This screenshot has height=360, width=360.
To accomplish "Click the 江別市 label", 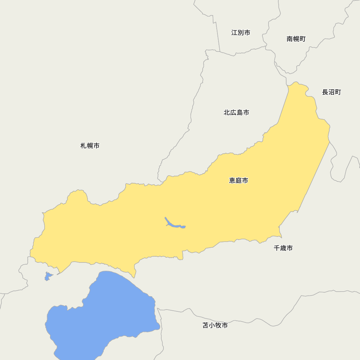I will [x=241, y=33].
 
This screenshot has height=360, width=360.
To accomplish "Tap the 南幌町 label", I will [x=296, y=39].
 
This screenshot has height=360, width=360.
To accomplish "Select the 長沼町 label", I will [x=332, y=92].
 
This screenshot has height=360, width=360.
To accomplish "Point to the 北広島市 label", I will [x=237, y=113].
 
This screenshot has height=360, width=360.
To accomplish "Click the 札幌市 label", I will [x=90, y=146].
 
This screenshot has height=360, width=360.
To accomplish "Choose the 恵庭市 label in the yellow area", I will [x=239, y=181].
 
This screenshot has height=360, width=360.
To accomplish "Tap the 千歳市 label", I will [x=283, y=248].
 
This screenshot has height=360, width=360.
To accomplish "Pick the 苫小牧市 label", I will [x=215, y=325].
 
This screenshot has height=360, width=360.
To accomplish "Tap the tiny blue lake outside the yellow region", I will [x=48, y=277].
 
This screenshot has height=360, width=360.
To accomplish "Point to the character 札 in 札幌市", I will [x=84, y=146].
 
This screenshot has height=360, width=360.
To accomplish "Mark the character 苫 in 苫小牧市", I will [x=206, y=325].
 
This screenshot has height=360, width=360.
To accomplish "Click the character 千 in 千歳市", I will [x=277, y=248].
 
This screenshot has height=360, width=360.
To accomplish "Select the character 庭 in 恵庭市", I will [x=239, y=181].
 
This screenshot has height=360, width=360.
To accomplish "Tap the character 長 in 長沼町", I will [x=325, y=92].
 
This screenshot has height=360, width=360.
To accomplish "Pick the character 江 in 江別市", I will [x=234, y=33].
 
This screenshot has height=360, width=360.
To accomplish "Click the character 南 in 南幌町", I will [x=290, y=39].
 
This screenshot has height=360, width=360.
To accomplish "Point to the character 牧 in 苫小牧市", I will [x=219, y=325].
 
